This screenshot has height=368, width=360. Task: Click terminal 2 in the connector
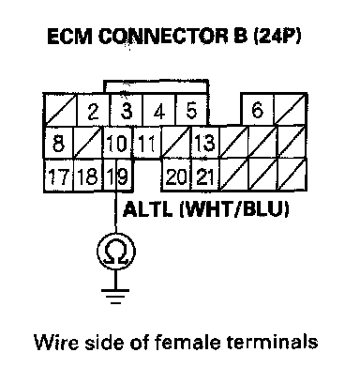click(93, 110)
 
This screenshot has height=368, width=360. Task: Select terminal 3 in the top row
click(127, 110)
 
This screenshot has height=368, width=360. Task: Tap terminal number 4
click(159, 110)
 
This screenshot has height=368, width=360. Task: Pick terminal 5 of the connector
click(191, 110)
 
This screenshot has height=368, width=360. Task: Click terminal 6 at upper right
click(258, 110)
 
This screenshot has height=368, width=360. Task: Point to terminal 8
click(58, 143)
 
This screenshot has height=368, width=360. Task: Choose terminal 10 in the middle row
click(118, 143)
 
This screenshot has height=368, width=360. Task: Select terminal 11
click(147, 143)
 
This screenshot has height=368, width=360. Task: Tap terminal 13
click(205, 143)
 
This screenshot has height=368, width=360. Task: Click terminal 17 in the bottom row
click(58, 176)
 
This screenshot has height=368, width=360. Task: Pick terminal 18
click(88, 176)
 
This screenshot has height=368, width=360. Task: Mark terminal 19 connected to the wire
click(118, 176)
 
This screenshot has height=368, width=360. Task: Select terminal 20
click(176, 176)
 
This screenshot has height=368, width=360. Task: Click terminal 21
click(205, 176)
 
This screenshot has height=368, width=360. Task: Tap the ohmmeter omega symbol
click(116, 252)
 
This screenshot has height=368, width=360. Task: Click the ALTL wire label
click(147, 209)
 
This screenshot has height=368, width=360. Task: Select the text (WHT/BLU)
click(234, 209)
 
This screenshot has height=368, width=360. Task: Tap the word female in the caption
click(187, 342)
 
